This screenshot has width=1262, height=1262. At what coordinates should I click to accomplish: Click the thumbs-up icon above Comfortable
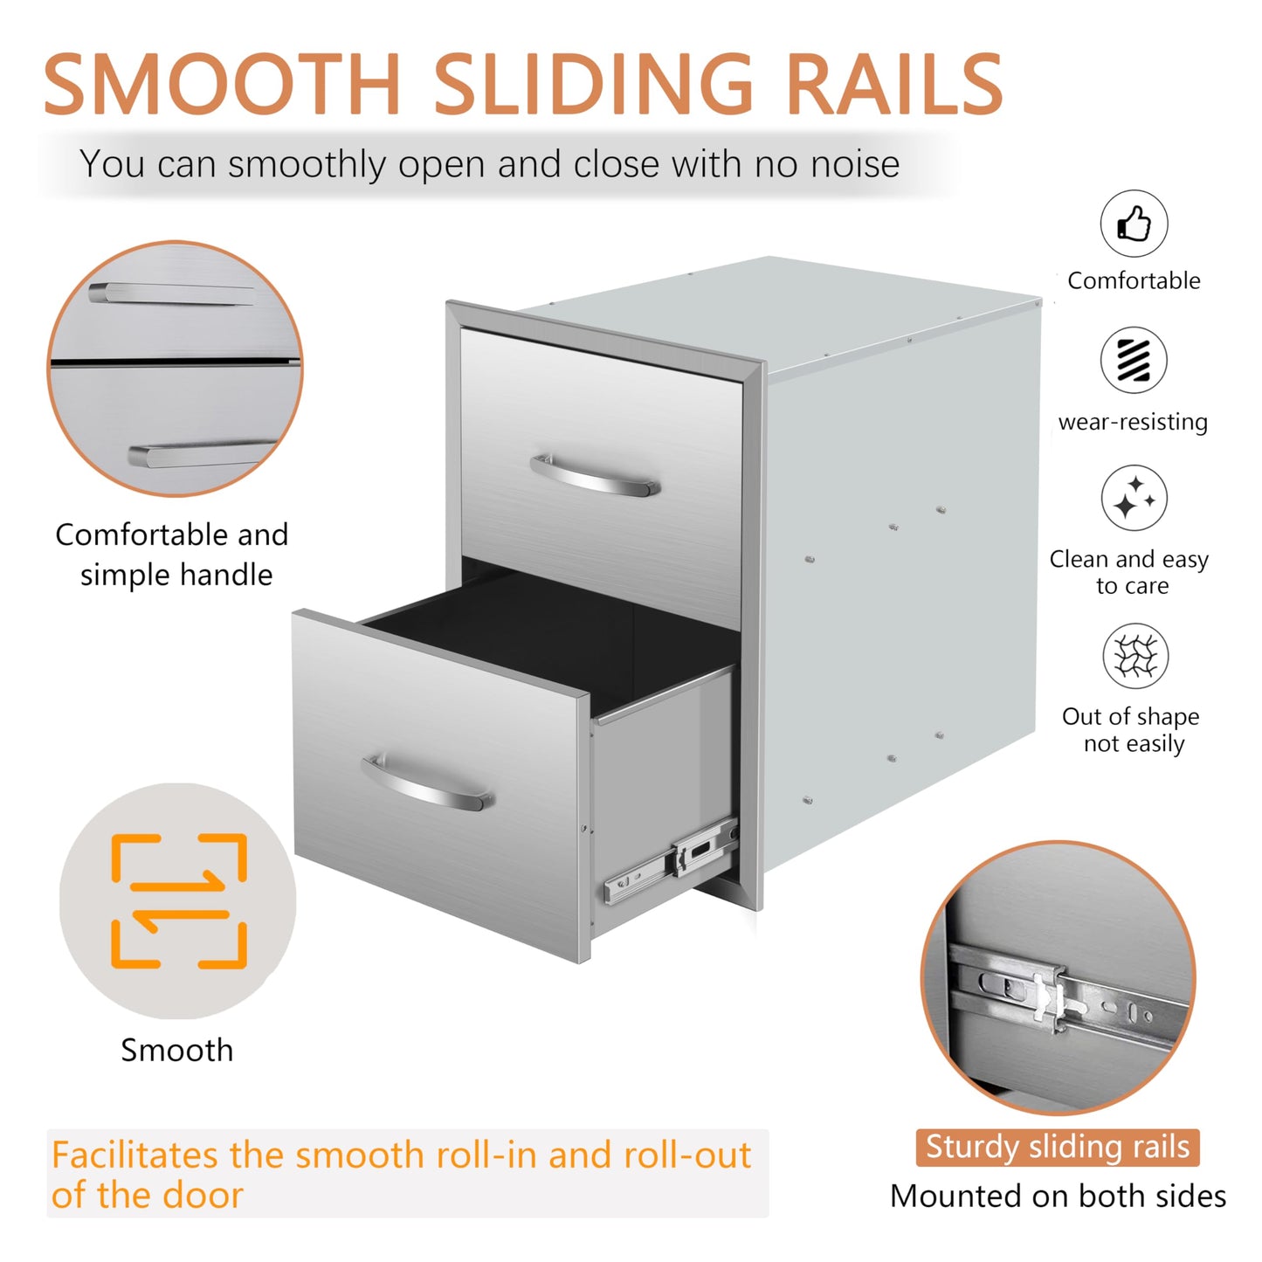[x=1133, y=224]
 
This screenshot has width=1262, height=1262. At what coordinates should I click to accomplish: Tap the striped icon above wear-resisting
[x=1133, y=360]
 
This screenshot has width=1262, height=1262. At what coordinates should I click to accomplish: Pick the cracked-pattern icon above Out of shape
[x=1135, y=656]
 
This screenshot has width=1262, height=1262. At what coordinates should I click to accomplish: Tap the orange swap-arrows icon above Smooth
[x=179, y=901]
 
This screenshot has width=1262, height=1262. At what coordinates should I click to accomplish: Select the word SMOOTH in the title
[x=222, y=85]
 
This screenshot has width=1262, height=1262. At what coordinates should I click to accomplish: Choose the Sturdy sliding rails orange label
[x=1057, y=1147]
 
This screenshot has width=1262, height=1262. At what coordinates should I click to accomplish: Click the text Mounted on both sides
[x=1058, y=1196]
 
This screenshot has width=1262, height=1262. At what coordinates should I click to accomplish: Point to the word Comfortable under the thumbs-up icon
[x=1134, y=280]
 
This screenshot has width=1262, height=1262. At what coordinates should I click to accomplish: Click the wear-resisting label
[x=1133, y=421]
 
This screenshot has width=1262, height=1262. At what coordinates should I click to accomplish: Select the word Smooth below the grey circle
[x=176, y=1051]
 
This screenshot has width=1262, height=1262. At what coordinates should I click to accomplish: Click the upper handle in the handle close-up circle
[x=170, y=293]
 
